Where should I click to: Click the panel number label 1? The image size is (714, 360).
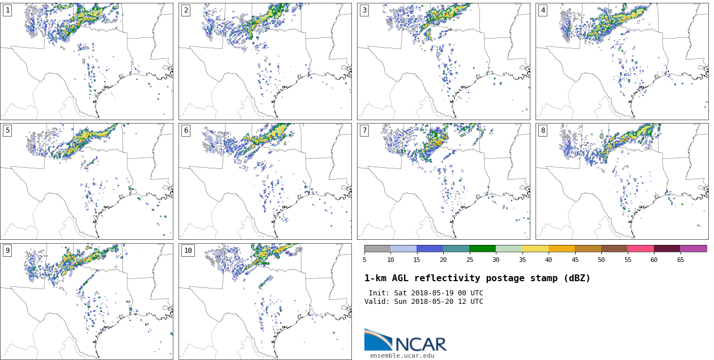point(7,10)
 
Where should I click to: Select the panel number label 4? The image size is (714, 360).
point(543,10)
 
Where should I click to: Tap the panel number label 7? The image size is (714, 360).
point(364,130)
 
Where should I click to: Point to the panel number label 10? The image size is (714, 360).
point(188,251)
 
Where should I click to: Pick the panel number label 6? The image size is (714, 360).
point(185,130)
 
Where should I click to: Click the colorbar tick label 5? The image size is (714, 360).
point(364,260)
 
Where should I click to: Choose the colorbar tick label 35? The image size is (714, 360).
point(522,260)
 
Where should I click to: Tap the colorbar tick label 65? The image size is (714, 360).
point(680,260)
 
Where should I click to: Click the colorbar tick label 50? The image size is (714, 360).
point(601,260)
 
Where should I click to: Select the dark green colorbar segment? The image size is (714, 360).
point(482,248)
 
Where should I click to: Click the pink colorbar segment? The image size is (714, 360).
point(640,248)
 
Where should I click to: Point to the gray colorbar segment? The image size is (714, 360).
point(377,248)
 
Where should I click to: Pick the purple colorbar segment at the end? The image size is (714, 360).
point(693,248)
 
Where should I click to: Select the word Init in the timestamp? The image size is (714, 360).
point(379,293)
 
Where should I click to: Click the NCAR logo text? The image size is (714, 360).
point(420,344)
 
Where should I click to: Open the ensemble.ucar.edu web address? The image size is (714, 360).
point(402,356)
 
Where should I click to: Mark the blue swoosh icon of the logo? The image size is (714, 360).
point(377,340)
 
